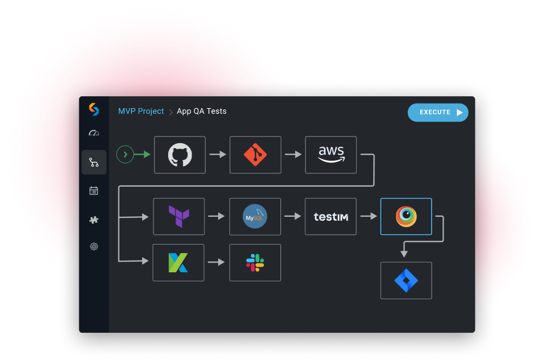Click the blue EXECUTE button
pyautogui.click(x=438, y=112)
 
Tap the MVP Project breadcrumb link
pyautogui.click(x=140, y=111)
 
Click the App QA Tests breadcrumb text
pyautogui.click(x=202, y=111)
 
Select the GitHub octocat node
pyautogui.click(x=180, y=155)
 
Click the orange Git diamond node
pyautogui.click(x=255, y=155)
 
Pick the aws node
pyautogui.click(x=331, y=155)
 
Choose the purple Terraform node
pyautogui.click(x=179, y=216)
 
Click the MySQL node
pyautogui.click(x=255, y=216)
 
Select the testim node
pyautogui.click(x=330, y=216)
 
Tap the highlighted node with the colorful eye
pyautogui.click(x=406, y=216)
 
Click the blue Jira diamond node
pyautogui.click(x=406, y=281)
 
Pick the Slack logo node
pyautogui.click(x=255, y=263)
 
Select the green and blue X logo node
pyautogui.click(x=178, y=263)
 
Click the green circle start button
pyautogui.click(x=125, y=155)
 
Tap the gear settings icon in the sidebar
pyautogui.click(x=94, y=246)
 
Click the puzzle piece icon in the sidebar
pyautogui.click(x=94, y=220)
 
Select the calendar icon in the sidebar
pyautogui.click(x=94, y=191)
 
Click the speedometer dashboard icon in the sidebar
pyautogui.click(x=94, y=133)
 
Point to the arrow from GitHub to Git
pyautogui.click(x=218, y=155)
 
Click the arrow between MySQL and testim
pyautogui.click(x=293, y=216)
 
